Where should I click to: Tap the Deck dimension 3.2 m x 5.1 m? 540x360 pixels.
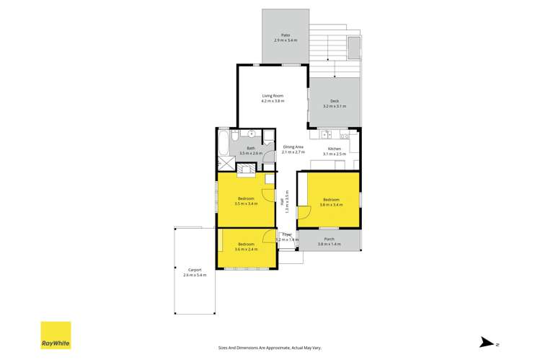[335, 106]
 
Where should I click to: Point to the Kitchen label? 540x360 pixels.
[335, 149]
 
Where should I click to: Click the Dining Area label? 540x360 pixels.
[293, 147]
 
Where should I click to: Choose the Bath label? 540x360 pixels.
[251, 148]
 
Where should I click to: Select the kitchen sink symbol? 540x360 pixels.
[325, 133]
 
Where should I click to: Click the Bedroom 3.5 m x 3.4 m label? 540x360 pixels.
[246, 200]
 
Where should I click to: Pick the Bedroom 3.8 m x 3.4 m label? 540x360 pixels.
[332, 200]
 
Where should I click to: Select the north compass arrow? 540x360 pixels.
[488, 343]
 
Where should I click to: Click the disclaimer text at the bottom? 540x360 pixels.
[270, 345]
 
